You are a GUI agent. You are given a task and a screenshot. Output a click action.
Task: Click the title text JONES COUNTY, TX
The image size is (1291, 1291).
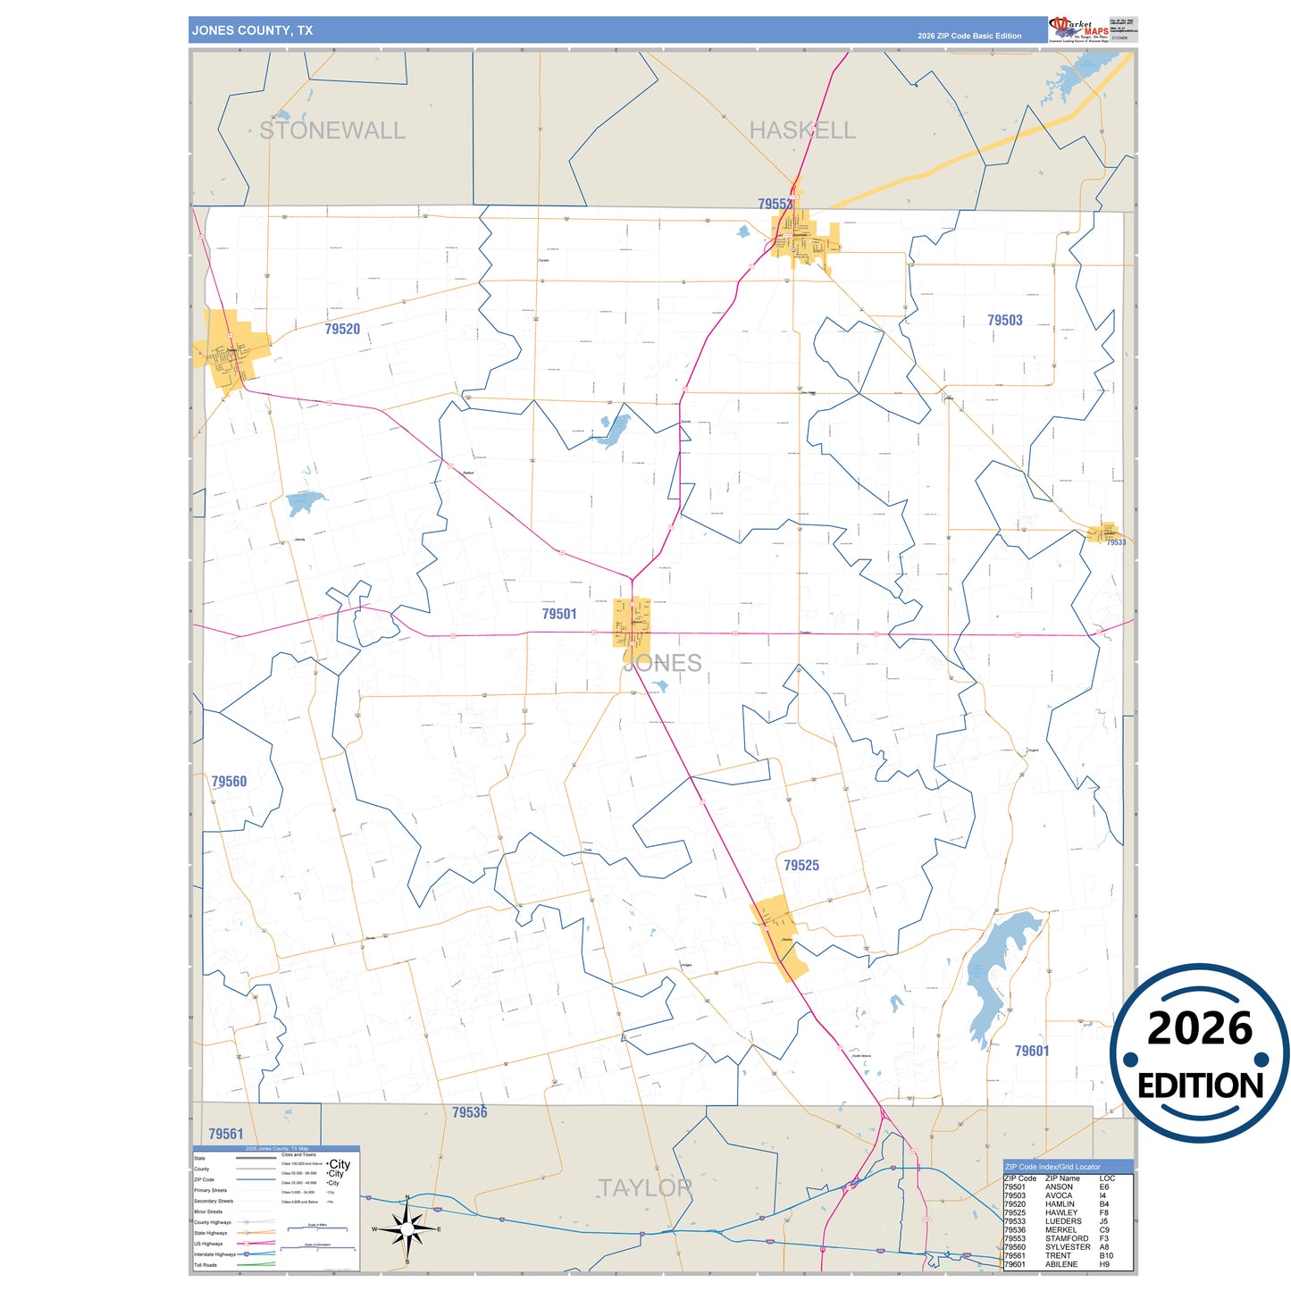pos(252,30)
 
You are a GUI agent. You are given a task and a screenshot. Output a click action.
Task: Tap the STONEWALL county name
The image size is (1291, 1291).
pos(332,130)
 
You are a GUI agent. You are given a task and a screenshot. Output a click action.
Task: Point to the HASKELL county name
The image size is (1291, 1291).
pos(802,130)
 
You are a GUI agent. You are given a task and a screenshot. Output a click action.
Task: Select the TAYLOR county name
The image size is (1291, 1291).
pos(645,1188)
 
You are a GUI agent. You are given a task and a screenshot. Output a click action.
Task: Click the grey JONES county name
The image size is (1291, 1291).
pos(663,663)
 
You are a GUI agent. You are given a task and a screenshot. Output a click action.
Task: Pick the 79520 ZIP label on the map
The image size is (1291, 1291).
pos(342,329)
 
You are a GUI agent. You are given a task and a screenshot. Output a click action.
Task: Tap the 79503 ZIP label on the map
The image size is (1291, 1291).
pos(1005,320)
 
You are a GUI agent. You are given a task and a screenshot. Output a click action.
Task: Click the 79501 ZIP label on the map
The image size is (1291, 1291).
pos(559,614)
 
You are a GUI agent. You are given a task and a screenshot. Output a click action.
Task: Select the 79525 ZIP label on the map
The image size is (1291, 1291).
pos(801,865)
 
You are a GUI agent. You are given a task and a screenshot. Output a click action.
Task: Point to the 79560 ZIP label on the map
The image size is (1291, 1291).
pos(229,781)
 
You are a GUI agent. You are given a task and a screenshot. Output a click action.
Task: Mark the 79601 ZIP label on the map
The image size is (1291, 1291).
pos(1032,1051)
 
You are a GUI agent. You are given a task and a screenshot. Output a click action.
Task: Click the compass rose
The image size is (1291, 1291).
pos(407,1229)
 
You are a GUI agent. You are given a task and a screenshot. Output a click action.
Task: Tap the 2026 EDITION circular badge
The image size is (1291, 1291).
pos(1200,1054)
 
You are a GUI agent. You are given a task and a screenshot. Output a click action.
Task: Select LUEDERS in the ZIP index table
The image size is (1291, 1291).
pos(1063,1221)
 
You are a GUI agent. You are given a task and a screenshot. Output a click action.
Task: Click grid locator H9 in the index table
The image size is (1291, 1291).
pos(1105,1264)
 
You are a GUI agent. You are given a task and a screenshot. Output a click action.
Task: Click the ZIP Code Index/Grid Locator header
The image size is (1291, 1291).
pos(1052,1167)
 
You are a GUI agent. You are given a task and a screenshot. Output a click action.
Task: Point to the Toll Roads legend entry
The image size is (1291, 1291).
pos(205,1265)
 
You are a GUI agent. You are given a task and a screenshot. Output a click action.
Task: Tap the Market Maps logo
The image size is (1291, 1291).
pos(1079,29)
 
